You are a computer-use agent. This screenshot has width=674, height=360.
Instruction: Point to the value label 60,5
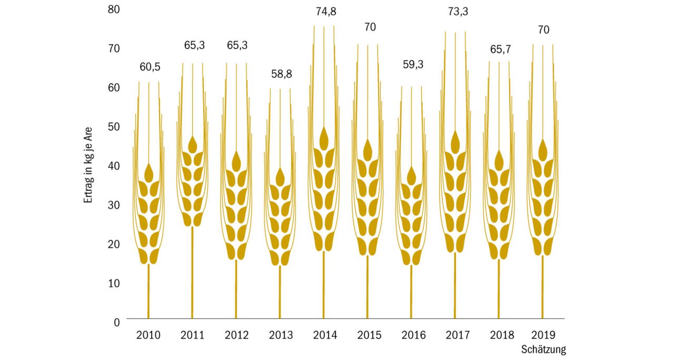[150, 67]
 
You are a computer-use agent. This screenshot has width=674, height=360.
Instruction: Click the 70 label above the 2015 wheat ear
[370, 27]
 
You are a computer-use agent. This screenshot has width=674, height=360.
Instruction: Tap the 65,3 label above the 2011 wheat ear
[194, 46]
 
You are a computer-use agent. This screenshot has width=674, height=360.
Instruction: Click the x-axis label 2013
[280, 335]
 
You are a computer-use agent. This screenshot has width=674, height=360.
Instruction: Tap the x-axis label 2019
[543, 335]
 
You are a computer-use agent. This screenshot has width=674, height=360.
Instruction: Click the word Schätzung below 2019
[543, 349]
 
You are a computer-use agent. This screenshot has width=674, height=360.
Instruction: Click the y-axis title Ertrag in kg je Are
[88, 165]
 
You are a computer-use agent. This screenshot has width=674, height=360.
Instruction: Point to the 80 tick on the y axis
[114, 9]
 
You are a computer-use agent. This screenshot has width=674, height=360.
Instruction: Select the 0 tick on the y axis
[117, 321]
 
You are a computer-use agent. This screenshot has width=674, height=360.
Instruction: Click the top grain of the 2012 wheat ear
[236, 161]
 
